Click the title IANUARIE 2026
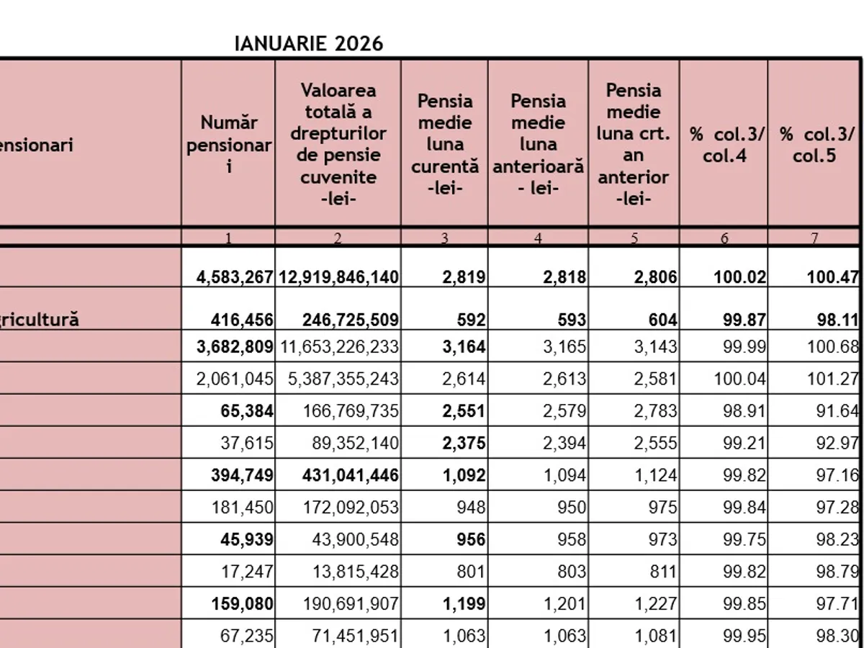309,44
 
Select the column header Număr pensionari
228,144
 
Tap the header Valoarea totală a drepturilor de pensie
338,144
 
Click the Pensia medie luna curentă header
445,144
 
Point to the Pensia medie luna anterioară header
538,144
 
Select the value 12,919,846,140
338,277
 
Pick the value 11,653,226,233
340,347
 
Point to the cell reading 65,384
248,411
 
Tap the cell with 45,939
248,540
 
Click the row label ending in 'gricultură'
40,320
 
